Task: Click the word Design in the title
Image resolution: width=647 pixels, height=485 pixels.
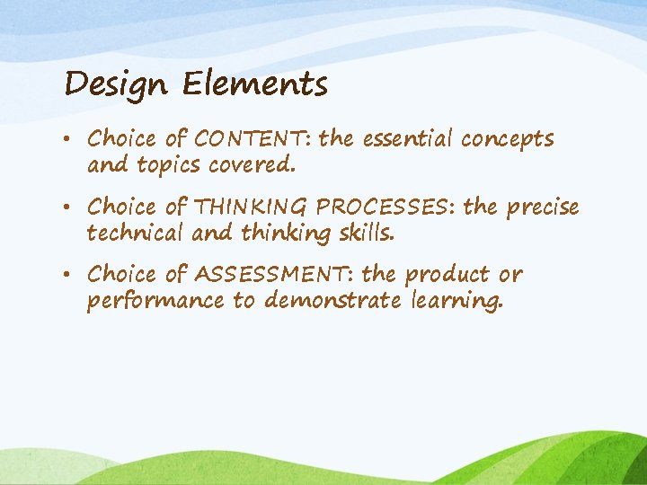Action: (116, 85)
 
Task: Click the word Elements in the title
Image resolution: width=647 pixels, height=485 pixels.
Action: (255, 84)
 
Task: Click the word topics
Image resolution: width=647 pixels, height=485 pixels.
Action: (168, 166)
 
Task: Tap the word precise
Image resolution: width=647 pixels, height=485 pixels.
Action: (543, 207)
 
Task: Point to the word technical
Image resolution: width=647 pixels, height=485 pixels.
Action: (136, 234)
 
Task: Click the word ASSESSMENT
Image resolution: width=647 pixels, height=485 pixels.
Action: (273, 275)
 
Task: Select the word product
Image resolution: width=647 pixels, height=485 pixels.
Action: (448, 275)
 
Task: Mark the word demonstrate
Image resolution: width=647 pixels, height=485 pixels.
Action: (332, 301)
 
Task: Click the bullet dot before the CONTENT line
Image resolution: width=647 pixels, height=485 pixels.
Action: (68, 141)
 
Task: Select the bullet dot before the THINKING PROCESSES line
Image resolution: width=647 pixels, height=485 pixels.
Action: (68, 208)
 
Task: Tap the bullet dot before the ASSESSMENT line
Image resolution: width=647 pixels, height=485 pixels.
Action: (68, 276)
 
